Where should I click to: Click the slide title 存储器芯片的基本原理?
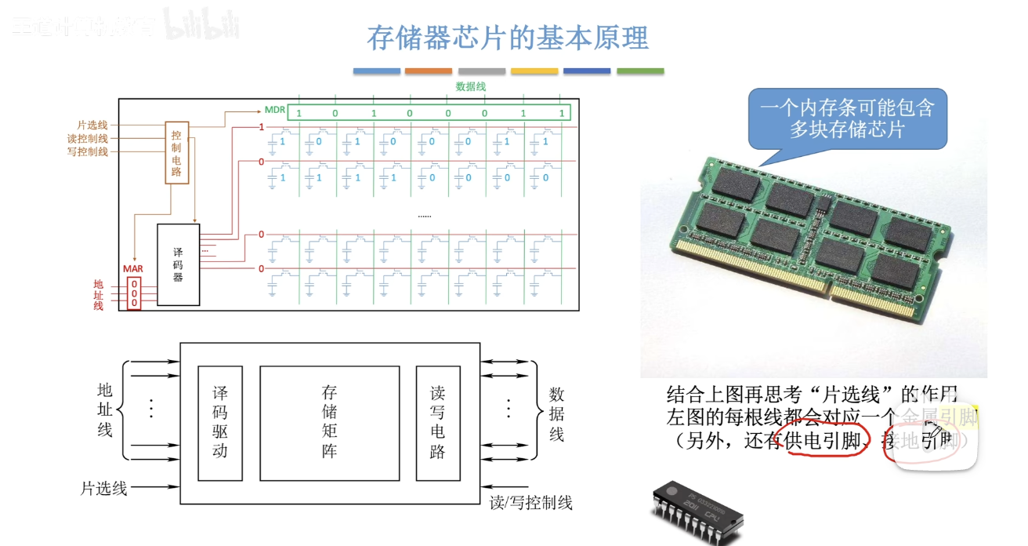click(508, 37)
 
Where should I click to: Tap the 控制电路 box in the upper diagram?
click(177, 152)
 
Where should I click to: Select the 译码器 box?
click(178, 264)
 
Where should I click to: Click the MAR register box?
click(134, 292)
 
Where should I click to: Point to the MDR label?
click(274, 110)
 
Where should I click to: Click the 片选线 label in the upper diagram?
click(92, 126)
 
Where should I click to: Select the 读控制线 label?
click(88, 139)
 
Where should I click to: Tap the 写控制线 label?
click(88, 151)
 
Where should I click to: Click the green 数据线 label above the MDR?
click(470, 87)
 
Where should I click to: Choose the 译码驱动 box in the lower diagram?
click(220, 422)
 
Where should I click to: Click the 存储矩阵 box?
click(330, 422)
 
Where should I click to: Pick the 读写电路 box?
click(438, 422)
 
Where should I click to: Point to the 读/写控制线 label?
click(531, 502)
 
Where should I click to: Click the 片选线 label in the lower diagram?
click(103, 488)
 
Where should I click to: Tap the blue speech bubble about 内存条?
click(846, 118)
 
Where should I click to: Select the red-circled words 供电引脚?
click(827, 440)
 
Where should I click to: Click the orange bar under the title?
click(429, 71)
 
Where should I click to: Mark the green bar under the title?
click(639, 71)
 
